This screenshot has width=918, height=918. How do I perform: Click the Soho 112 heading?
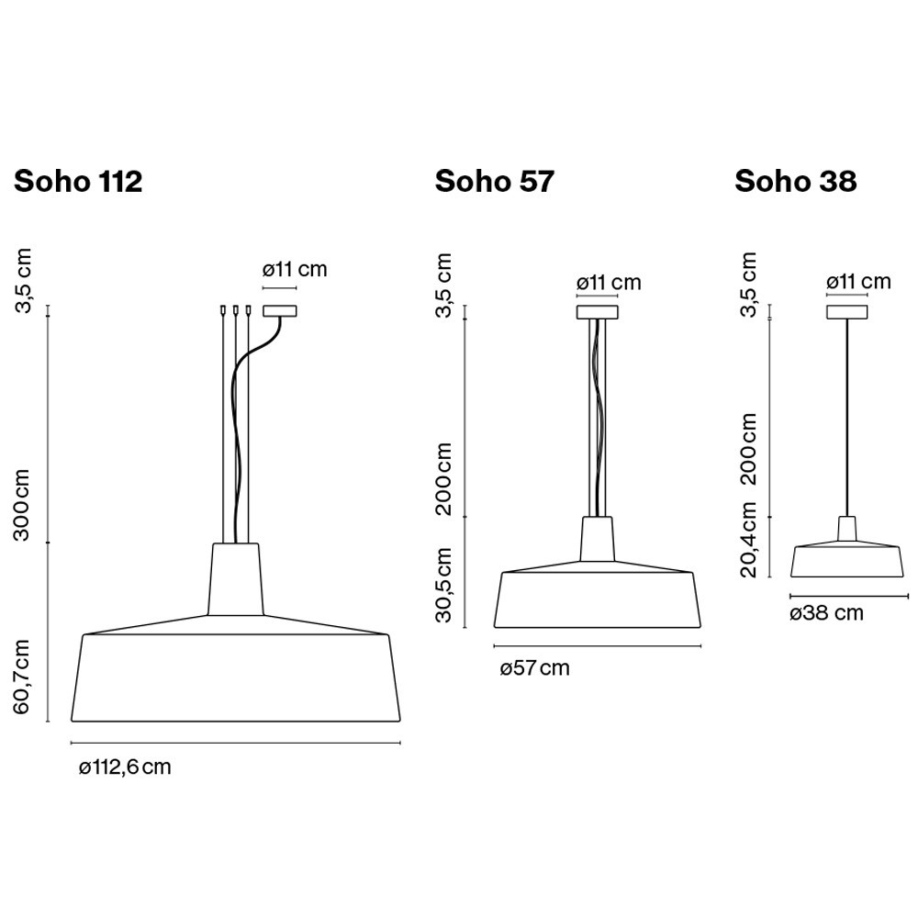tap(78, 181)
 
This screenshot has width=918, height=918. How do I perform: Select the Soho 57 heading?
tap(494, 181)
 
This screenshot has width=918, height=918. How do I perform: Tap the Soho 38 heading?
tap(796, 181)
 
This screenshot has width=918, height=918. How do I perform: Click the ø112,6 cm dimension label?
tap(125, 767)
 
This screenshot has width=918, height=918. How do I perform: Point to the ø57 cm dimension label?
tap(534, 668)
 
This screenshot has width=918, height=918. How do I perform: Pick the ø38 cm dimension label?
tap(827, 613)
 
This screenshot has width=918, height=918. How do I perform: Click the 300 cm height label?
tap(22, 505)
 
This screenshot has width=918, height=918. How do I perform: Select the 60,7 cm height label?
tap(22, 677)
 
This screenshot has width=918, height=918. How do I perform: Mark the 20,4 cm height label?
tap(749, 540)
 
